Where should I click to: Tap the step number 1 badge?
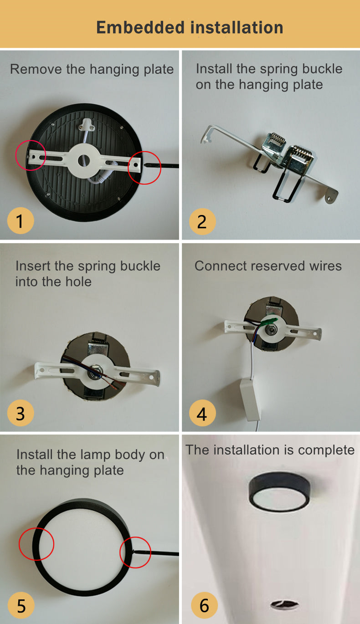(21, 221)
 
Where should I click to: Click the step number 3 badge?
(21, 414)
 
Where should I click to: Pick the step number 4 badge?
(202, 414)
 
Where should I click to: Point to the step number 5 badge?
(21, 606)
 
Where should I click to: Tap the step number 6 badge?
(204, 606)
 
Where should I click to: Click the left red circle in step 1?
(31, 155)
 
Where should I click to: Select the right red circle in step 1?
(144, 167)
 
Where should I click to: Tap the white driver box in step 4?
(249, 399)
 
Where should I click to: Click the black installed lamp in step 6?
(279, 491)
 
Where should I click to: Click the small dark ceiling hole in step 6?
(279, 604)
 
